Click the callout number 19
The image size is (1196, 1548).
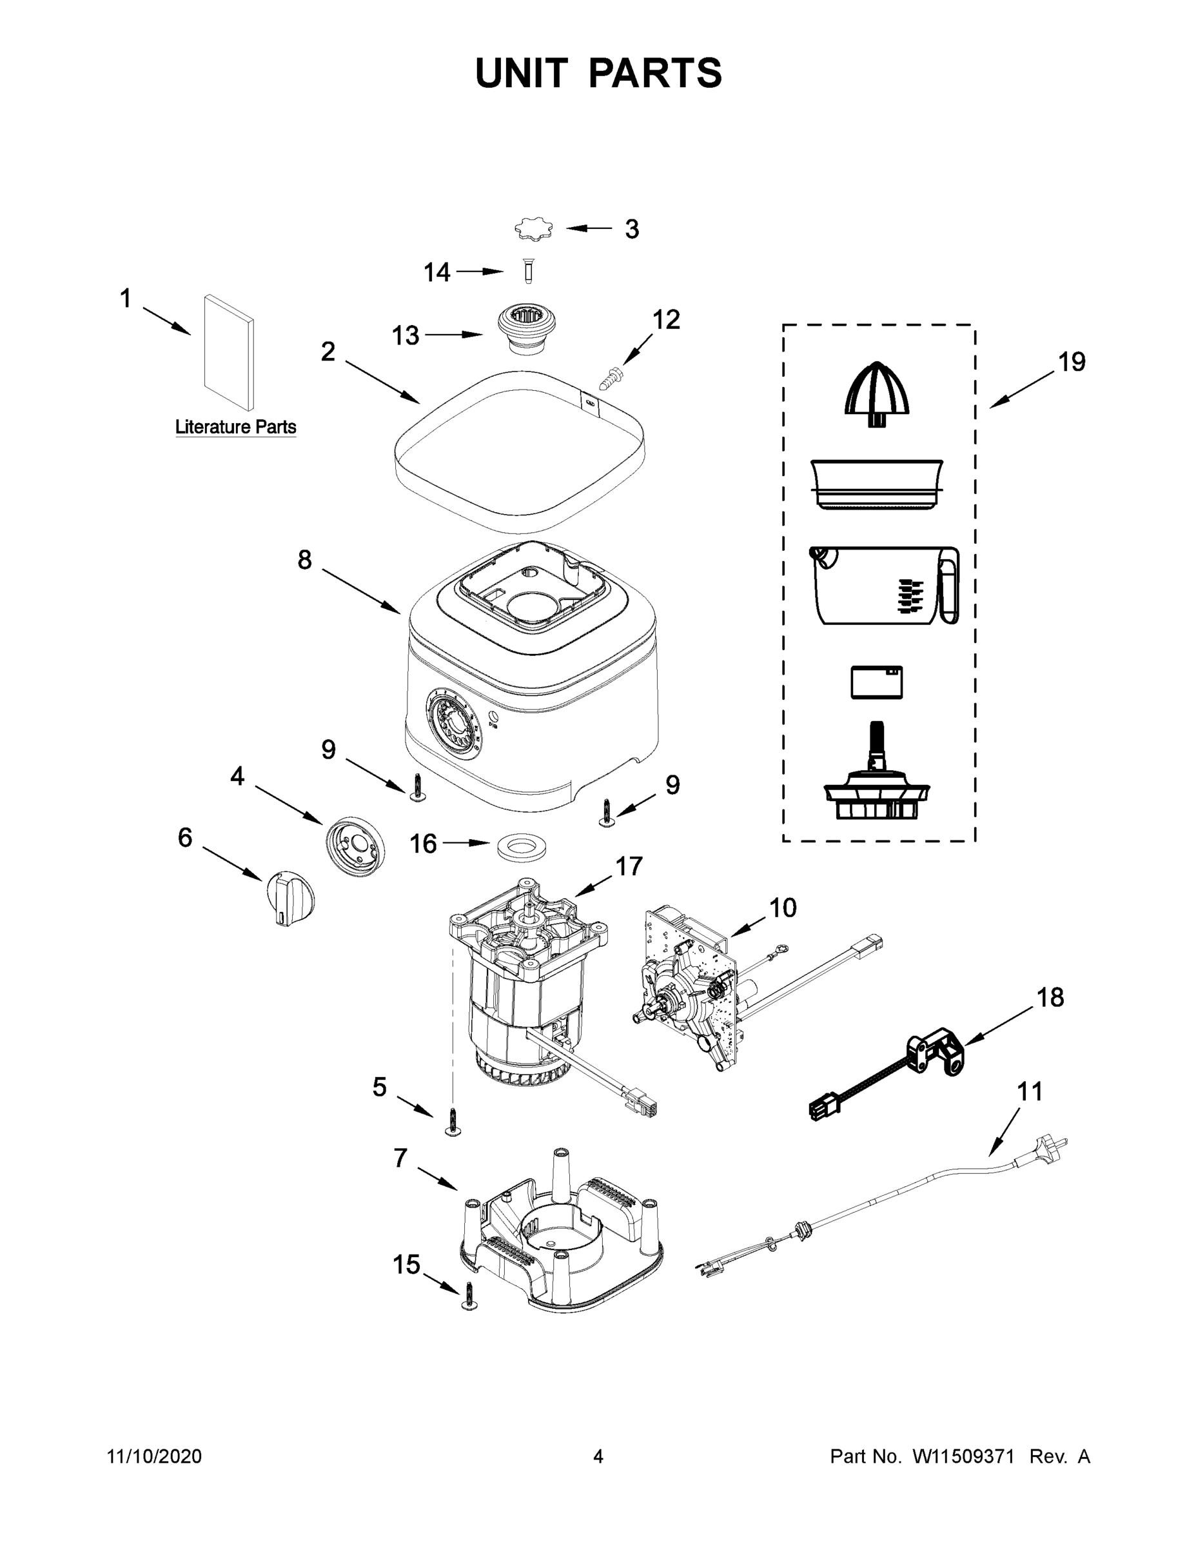click(x=1072, y=363)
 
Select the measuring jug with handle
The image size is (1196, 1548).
click(x=883, y=586)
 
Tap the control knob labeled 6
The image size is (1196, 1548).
click(x=289, y=900)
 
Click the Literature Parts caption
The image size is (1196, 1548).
click(x=236, y=428)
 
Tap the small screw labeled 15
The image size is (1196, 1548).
click(x=468, y=1296)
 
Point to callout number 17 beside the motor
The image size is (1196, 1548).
click(x=629, y=866)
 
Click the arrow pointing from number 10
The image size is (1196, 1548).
click(x=747, y=926)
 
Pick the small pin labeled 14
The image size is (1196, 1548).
click(x=527, y=272)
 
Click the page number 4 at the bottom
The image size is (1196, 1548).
click(x=598, y=1456)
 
